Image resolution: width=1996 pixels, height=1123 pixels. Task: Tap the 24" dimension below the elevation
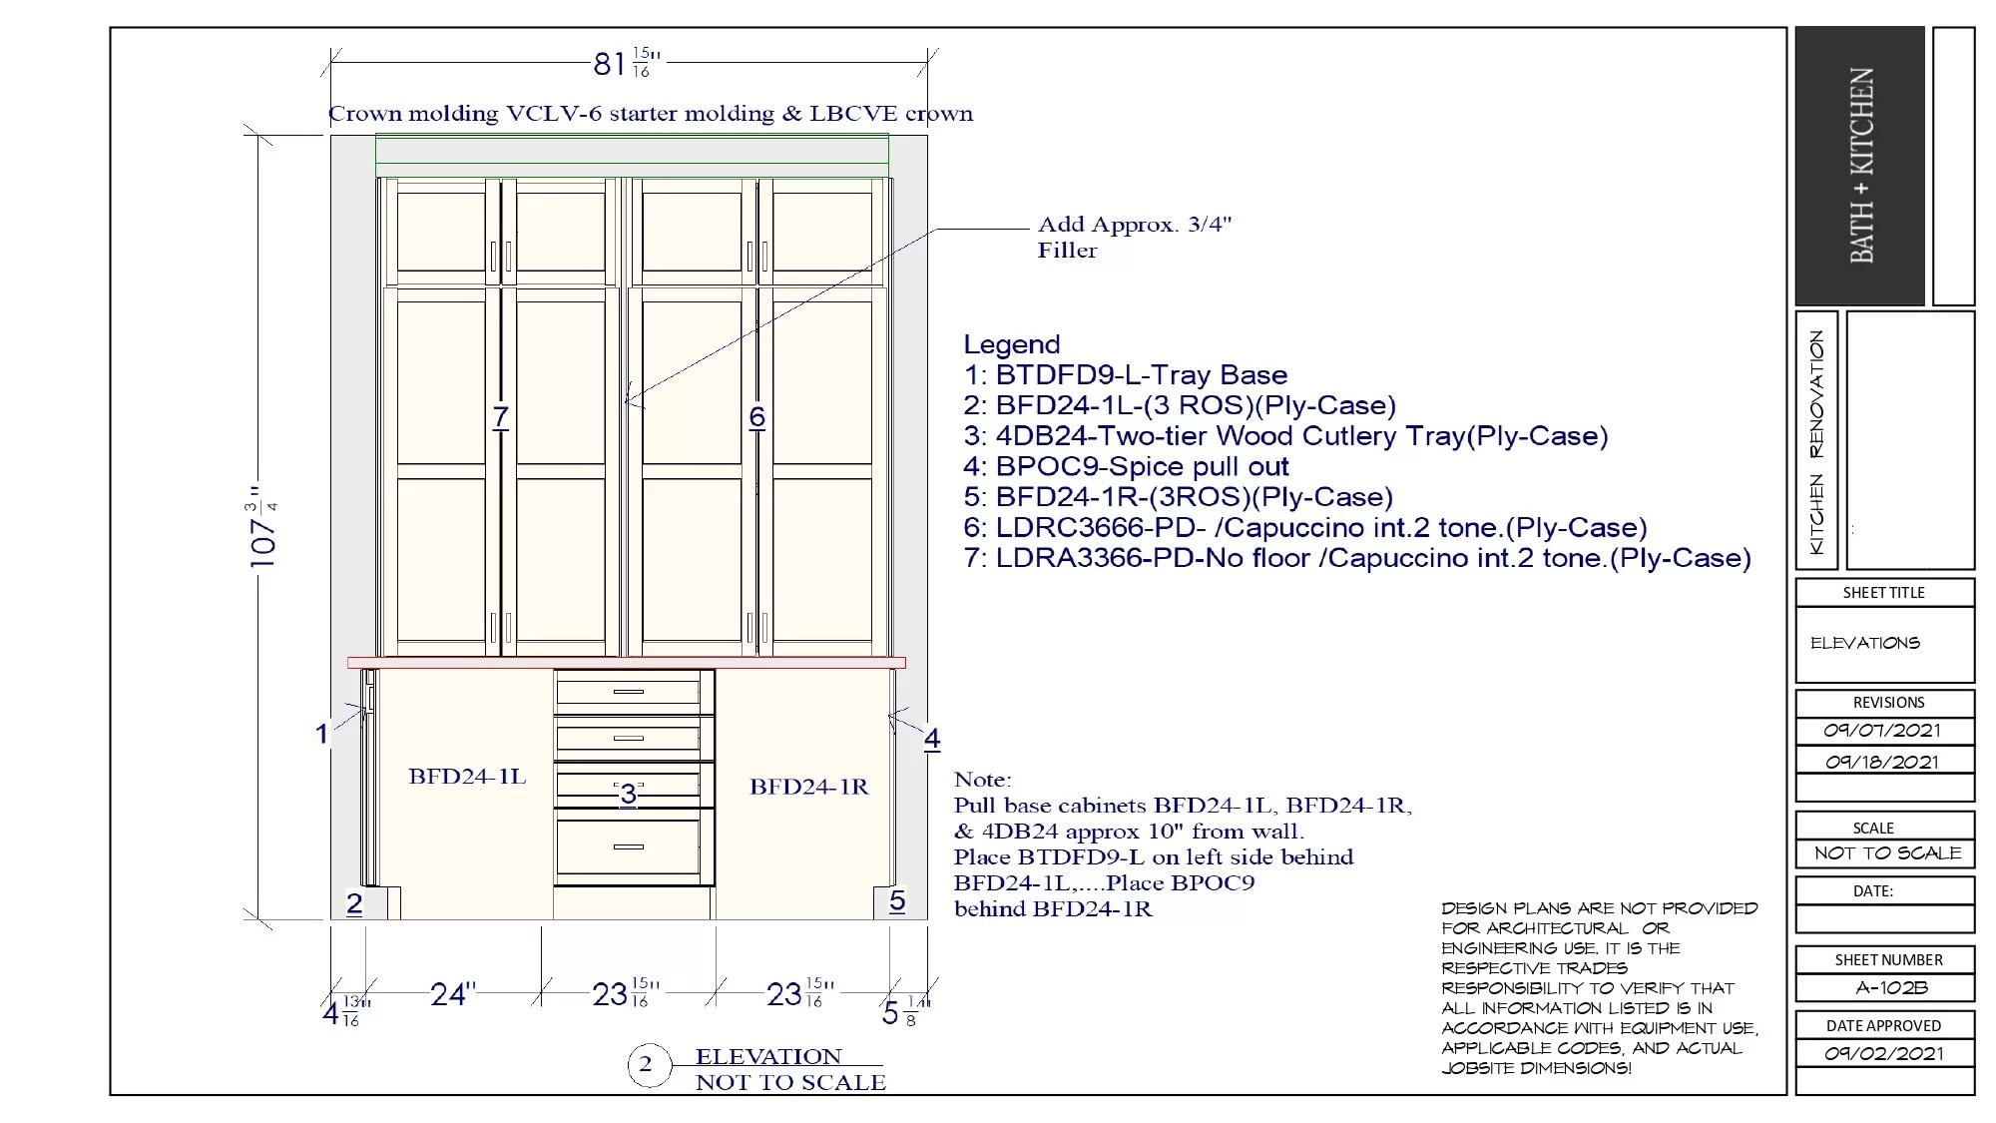coord(452,994)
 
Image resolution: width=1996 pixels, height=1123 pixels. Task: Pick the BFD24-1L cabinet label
coord(467,777)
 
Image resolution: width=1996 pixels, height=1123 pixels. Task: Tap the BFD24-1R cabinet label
coord(809,787)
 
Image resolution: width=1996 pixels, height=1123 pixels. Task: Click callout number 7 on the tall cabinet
coord(501,417)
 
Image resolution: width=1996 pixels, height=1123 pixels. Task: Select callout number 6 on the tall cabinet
coord(757,417)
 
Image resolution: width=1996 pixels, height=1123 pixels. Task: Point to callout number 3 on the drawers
coord(628,794)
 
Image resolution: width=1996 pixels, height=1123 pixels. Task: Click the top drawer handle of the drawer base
coord(628,691)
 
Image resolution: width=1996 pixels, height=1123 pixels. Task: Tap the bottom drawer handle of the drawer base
coord(628,846)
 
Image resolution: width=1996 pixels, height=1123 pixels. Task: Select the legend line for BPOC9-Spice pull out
coord(1127,466)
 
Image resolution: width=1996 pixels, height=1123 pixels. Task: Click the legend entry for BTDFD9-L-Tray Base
coord(1126,375)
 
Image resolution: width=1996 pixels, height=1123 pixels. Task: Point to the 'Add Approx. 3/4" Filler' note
coord(1135,237)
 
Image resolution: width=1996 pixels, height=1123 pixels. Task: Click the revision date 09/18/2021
coord(1882,762)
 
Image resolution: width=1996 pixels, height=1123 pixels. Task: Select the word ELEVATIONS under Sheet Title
coord(1865,643)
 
